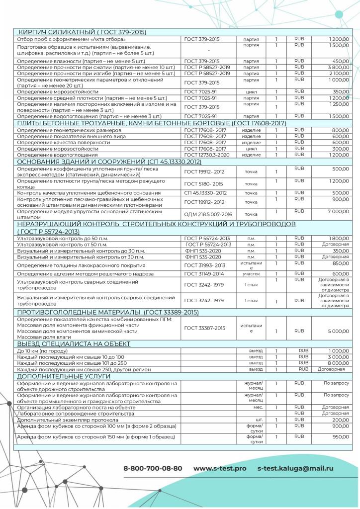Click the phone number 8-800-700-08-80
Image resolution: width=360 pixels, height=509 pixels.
153,468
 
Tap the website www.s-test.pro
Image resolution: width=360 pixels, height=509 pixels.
219,468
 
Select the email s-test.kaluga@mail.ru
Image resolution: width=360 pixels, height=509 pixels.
295,468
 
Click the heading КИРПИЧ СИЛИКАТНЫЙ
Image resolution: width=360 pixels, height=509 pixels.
82,32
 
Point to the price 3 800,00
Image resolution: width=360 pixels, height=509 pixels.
338,67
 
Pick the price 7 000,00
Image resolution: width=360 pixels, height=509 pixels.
338,211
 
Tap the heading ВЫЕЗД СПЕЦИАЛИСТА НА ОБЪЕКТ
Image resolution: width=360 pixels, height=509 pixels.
74,343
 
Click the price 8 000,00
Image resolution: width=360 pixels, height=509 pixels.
338,363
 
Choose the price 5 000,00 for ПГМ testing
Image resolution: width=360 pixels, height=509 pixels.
338,330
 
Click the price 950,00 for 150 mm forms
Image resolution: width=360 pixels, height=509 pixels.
340,436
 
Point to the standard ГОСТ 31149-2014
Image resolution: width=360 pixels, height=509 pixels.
204,273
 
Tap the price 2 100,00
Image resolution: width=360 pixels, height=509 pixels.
338,73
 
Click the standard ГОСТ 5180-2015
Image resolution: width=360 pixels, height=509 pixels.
204,183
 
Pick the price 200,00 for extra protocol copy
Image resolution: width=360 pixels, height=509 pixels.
340,420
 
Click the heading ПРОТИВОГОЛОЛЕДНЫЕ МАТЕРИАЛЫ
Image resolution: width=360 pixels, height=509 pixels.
108,312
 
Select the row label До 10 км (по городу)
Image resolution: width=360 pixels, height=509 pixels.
44,350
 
